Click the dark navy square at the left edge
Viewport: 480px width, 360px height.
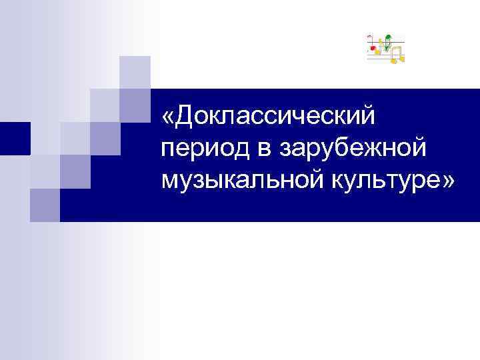coord(15,138)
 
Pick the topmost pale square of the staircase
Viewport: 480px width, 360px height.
coord(135,71)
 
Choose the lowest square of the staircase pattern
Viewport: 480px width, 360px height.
coord(45,204)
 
